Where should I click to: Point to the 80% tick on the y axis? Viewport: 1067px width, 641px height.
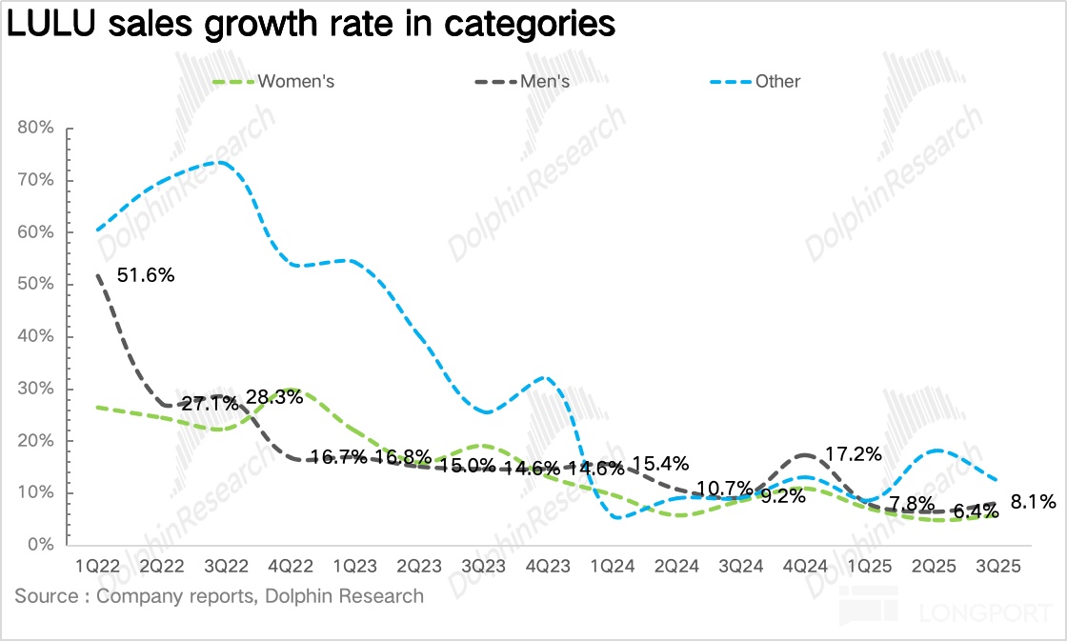(35, 129)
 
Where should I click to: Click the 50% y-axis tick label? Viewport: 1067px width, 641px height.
(35, 285)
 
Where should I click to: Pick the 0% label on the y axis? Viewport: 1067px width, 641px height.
(40, 545)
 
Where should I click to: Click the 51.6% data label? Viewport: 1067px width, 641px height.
(146, 276)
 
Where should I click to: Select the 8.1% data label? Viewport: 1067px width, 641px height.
(1033, 501)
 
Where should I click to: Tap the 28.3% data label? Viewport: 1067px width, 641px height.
(274, 397)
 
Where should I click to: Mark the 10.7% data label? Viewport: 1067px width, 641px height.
(726, 490)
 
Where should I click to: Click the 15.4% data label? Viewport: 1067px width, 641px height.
(659, 465)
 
